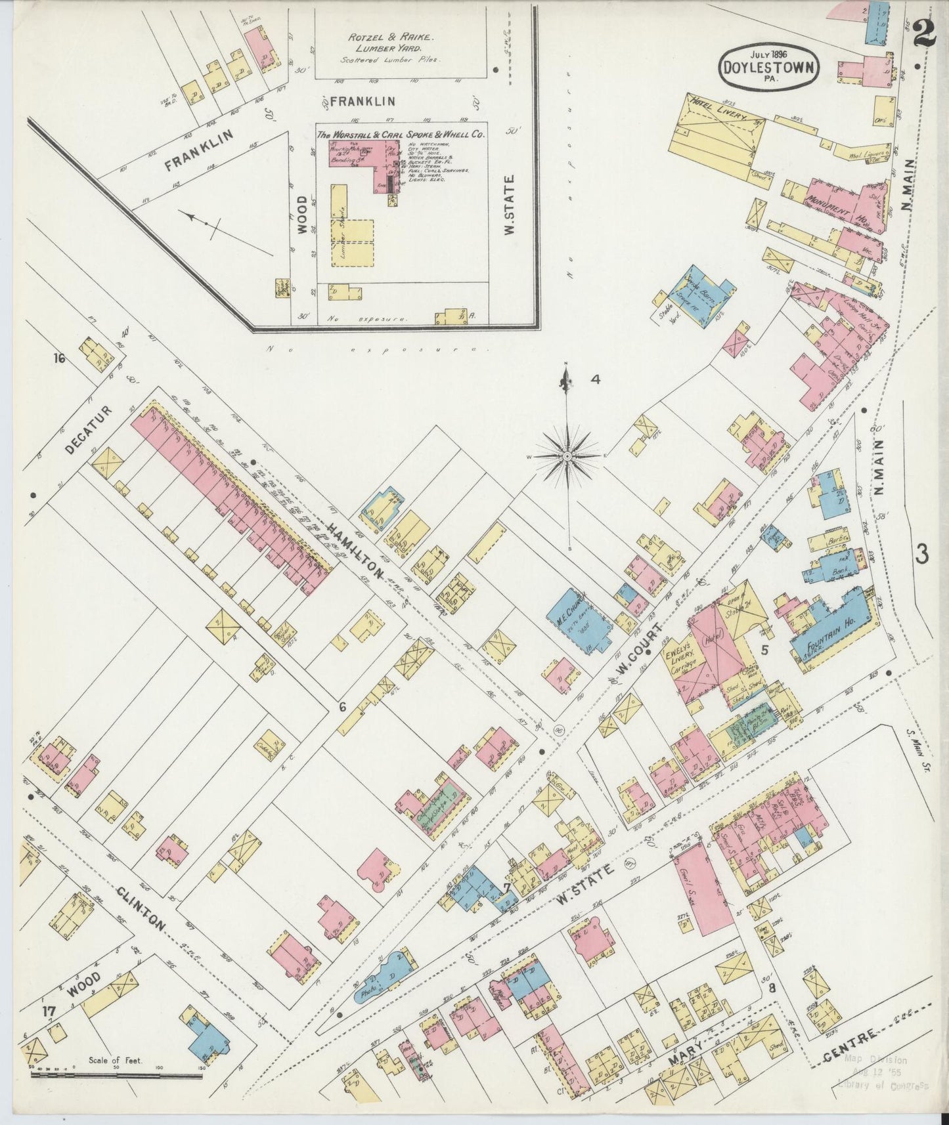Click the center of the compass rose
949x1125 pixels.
click(567, 456)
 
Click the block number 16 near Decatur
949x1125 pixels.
click(60, 358)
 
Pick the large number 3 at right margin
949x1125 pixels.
click(922, 555)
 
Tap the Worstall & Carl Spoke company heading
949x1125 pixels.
click(400, 134)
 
